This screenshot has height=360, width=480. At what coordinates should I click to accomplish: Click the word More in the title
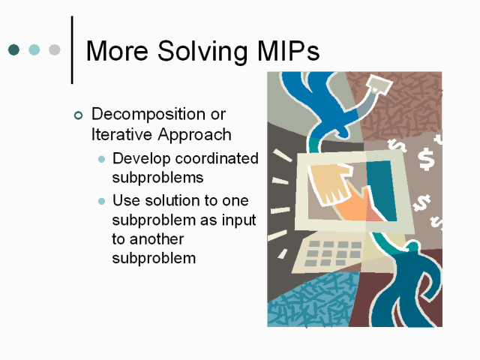click(x=117, y=51)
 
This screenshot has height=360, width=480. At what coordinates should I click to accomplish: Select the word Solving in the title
click(x=202, y=52)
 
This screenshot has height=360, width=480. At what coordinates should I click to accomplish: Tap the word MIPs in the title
click(x=288, y=51)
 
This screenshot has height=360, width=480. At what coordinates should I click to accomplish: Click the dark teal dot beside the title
click(x=13, y=49)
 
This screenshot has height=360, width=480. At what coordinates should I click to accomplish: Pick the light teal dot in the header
click(x=34, y=49)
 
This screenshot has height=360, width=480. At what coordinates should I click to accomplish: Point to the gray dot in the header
click(x=55, y=49)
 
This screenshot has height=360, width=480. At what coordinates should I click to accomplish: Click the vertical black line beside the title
click(x=72, y=50)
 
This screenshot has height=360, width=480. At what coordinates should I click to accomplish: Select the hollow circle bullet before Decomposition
click(x=78, y=115)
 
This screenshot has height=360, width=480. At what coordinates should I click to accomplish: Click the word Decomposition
click(x=148, y=115)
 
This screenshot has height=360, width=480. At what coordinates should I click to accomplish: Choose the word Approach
click(x=194, y=136)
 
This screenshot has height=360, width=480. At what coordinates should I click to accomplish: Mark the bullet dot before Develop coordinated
click(x=102, y=159)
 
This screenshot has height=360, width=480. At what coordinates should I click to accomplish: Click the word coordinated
click(x=217, y=158)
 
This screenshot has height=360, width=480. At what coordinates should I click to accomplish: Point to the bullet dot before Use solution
click(x=102, y=201)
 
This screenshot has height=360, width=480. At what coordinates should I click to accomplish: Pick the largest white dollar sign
click(x=426, y=159)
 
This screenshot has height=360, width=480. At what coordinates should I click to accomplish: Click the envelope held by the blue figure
click(x=379, y=83)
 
